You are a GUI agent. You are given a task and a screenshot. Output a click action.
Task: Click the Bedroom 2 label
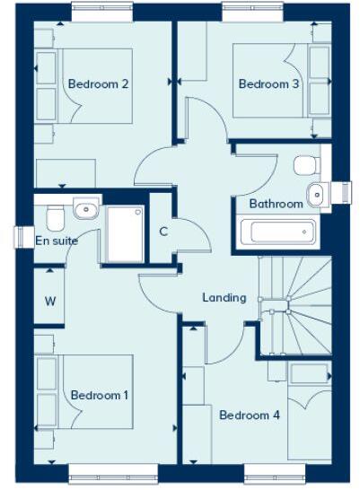[99, 84]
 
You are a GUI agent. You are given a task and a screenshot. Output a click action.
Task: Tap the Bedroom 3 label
[269, 84]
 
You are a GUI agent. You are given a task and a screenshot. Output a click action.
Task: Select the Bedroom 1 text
[100, 395]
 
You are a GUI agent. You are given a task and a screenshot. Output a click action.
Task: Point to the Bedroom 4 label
[250, 416]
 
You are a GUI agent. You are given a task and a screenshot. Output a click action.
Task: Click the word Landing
[224, 297]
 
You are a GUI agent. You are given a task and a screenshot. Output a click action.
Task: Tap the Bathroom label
[276, 204]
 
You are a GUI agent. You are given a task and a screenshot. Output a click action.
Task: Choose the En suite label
[57, 241]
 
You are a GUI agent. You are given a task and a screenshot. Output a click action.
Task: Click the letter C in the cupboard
[163, 232]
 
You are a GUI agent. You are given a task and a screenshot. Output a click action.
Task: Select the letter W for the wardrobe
[49, 301]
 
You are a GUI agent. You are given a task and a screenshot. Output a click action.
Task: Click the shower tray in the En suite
[125, 233]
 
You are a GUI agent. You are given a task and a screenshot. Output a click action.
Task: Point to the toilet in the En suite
[55, 215]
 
